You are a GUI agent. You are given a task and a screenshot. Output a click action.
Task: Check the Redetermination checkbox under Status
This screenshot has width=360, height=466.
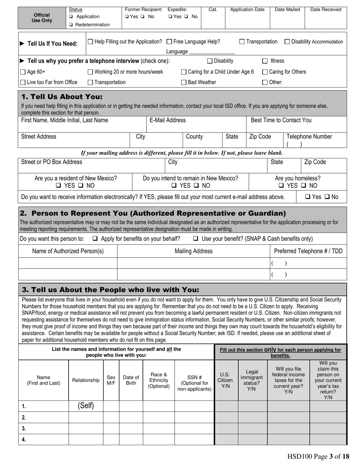point(71,25)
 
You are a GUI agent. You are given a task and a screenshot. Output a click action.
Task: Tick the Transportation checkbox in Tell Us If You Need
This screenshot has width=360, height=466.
point(242,42)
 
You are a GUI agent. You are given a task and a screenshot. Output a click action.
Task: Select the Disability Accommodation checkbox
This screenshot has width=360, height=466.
point(287,42)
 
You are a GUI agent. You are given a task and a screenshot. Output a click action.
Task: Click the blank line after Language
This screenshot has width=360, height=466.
point(211,52)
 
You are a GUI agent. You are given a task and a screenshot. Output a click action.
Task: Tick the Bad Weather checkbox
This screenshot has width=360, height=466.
point(184,83)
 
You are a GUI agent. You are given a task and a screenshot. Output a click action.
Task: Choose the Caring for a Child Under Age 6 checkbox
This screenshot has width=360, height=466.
point(184,72)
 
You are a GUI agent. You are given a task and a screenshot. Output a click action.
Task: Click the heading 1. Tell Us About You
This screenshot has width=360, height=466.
point(62,97)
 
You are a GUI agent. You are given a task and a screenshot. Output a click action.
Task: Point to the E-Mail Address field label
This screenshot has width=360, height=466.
point(167,120)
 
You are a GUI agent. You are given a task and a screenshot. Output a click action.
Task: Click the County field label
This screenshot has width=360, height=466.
point(194,137)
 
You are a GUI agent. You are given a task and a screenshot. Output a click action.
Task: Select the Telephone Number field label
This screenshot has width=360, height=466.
point(309,137)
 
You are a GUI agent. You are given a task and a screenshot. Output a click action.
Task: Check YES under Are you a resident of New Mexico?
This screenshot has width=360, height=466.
point(58,186)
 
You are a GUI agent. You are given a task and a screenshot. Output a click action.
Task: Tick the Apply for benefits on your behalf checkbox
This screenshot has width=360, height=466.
point(95,239)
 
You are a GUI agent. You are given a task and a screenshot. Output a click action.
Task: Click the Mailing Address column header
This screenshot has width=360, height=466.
point(193,251)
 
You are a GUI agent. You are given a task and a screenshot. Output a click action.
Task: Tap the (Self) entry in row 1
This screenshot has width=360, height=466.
point(86,406)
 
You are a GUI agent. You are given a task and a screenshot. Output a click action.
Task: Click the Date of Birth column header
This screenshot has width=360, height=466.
point(131,380)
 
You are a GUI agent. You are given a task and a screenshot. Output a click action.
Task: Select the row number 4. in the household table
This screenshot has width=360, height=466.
point(24,440)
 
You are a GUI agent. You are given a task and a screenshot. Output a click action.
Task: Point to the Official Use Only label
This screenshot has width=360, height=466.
point(42,18)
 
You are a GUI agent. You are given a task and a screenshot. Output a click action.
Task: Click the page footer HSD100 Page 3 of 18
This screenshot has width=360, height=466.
point(318,457)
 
